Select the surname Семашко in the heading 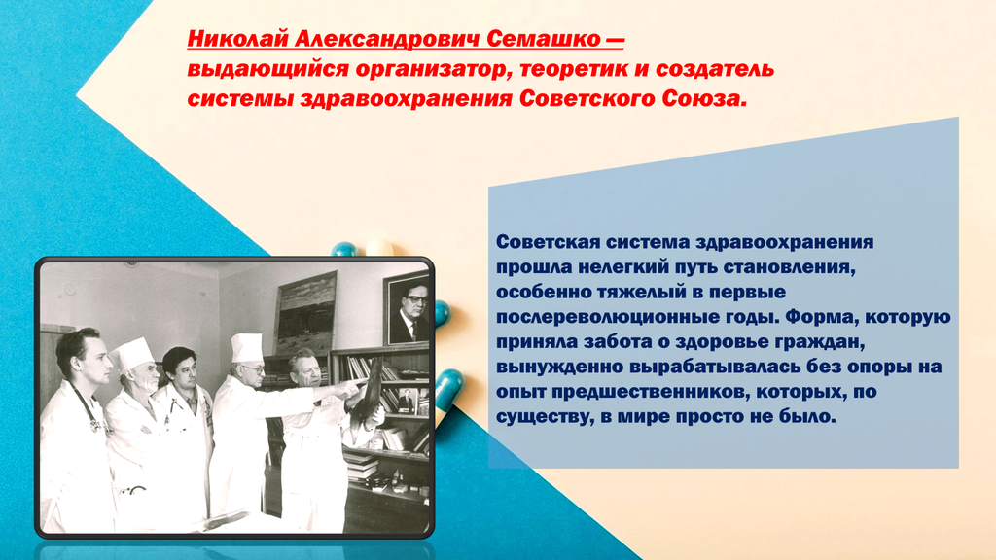543,39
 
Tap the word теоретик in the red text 576,69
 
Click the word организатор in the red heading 434,70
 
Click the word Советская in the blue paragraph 548,242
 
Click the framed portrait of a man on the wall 407,309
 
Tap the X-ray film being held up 367,394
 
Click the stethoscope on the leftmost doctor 87,405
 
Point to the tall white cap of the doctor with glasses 246,347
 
